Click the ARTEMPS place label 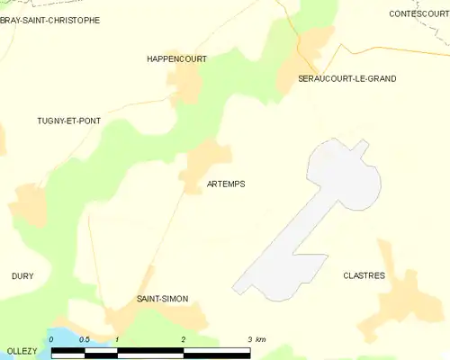(x=226, y=184)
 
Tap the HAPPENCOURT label (x=176, y=58)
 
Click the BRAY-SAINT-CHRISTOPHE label (x=49, y=20)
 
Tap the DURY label (x=22, y=275)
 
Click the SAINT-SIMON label (x=162, y=298)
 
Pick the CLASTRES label (x=364, y=275)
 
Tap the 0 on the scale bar (x=51, y=339)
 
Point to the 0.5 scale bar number (x=84, y=339)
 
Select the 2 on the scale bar (x=183, y=339)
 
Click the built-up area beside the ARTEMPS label (x=202, y=166)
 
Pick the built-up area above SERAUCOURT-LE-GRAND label (x=315, y=45)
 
